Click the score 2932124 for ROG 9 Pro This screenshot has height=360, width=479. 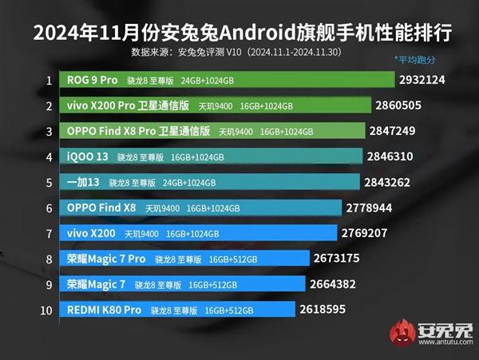pyautogui.click(x=427, y=81)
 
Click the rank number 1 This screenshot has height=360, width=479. pyautogui.click(x=49, y=81)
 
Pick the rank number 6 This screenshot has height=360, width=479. pyautogui.click(x=49, y=208)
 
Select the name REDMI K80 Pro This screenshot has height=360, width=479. pyautogui.click(x=104, y=309)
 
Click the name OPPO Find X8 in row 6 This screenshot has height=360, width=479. pyautogui.click(x=101, y=208)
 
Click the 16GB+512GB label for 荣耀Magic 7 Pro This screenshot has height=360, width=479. pyautogui.click(x=235, y=259)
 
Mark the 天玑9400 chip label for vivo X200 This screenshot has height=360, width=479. pyautogui.click(x=141, y=233)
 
